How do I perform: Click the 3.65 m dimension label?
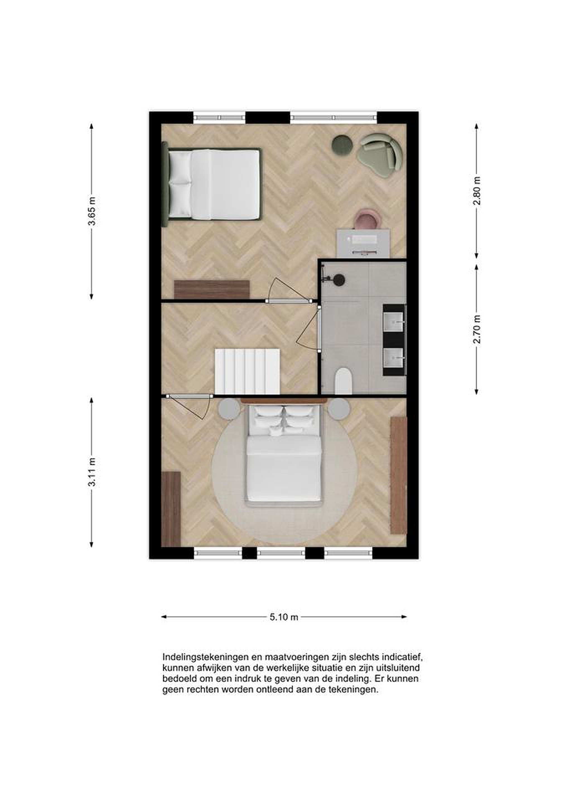click(92, 212)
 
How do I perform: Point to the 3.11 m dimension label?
click(92, 472)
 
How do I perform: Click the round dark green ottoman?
click(342, 144)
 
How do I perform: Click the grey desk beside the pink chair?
click(363, 243)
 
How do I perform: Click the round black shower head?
click(339, 279)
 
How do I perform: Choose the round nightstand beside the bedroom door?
click(229, 408)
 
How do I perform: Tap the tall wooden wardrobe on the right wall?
click(399, 475)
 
